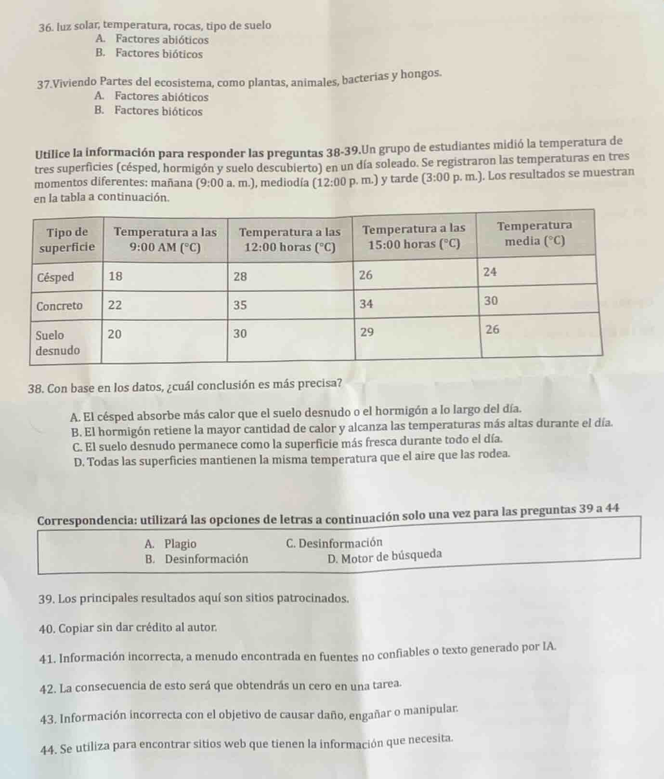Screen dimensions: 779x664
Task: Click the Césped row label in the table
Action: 56,277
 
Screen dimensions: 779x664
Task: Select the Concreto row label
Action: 60,306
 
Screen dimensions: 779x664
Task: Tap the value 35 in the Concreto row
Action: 240,305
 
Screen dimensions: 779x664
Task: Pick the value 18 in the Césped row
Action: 116,276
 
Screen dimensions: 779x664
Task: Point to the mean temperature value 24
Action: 490,272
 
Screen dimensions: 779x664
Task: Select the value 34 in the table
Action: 367,304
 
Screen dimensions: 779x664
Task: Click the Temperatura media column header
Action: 534,233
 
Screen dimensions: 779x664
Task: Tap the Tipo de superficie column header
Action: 67,240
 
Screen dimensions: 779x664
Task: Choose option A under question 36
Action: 152,40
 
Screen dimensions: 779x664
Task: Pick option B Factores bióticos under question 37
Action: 149,111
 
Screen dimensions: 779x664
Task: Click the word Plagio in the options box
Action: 180,544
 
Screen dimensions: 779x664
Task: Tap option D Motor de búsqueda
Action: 384,556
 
